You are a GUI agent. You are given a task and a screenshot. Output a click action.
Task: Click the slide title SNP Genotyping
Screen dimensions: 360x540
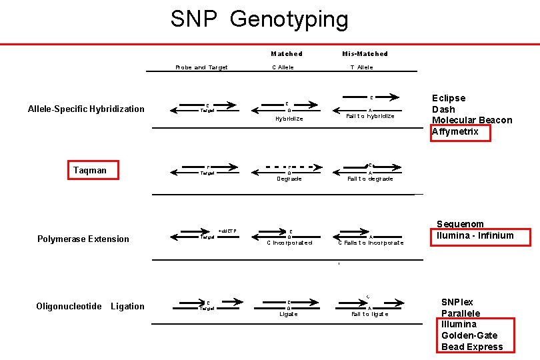coord(259,19)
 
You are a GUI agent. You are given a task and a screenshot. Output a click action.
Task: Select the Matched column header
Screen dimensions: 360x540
coord(287,54)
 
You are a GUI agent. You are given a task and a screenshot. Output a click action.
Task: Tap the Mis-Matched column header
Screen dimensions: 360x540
coord(365,54)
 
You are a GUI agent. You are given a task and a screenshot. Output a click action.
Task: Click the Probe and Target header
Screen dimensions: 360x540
coord(201,67)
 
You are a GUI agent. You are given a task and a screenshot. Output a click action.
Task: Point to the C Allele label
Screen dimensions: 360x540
coord(283,67)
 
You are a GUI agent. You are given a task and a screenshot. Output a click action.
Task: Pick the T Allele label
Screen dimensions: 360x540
coord(361,67)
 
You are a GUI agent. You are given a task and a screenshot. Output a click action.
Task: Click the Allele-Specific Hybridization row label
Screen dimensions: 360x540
coord(86,109)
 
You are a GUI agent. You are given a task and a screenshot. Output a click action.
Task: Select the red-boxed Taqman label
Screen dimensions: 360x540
coord(90,171)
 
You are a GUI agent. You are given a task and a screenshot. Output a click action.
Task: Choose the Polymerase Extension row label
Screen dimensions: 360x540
coord(83,239)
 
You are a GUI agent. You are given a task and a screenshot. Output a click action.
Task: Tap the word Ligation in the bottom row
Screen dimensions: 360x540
coord(127,306)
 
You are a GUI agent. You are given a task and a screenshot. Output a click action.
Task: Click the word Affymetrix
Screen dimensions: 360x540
coord(459,131)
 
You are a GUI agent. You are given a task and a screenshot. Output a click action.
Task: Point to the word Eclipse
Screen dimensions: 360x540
coord(449,98)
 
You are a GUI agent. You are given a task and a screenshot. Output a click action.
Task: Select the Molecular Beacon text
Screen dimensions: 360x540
coord(472,120)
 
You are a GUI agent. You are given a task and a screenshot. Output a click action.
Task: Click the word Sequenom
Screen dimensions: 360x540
coord(460,224)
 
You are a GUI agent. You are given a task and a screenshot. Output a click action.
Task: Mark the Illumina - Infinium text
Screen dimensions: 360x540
coord(475,235)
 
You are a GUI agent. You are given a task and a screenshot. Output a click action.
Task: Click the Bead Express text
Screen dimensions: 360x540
coord(472,347)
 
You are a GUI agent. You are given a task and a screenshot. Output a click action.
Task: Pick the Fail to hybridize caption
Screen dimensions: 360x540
coord(370,116)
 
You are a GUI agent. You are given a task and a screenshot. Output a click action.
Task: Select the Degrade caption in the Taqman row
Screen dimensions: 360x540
coord(289,179)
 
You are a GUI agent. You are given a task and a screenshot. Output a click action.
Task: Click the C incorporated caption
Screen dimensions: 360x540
coord(289,243)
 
